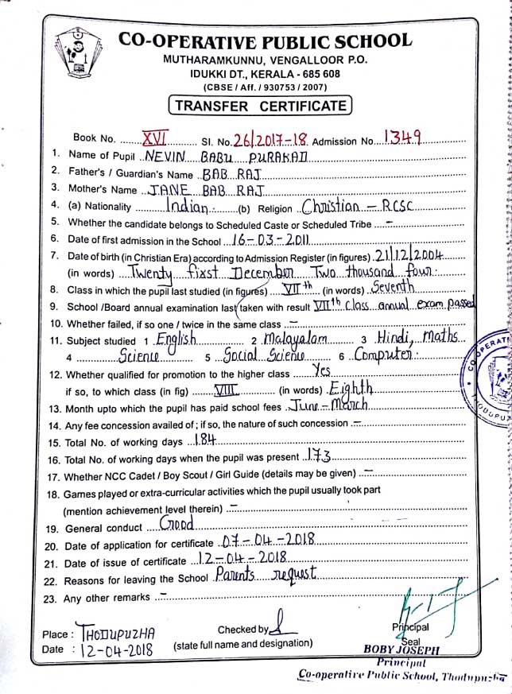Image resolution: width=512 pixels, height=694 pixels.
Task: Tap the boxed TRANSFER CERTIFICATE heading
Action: click(x=260, y=105)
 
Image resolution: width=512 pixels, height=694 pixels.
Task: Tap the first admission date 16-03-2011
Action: click(x=262, y=240)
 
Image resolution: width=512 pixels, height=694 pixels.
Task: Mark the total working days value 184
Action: click(x=202, y=440)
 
